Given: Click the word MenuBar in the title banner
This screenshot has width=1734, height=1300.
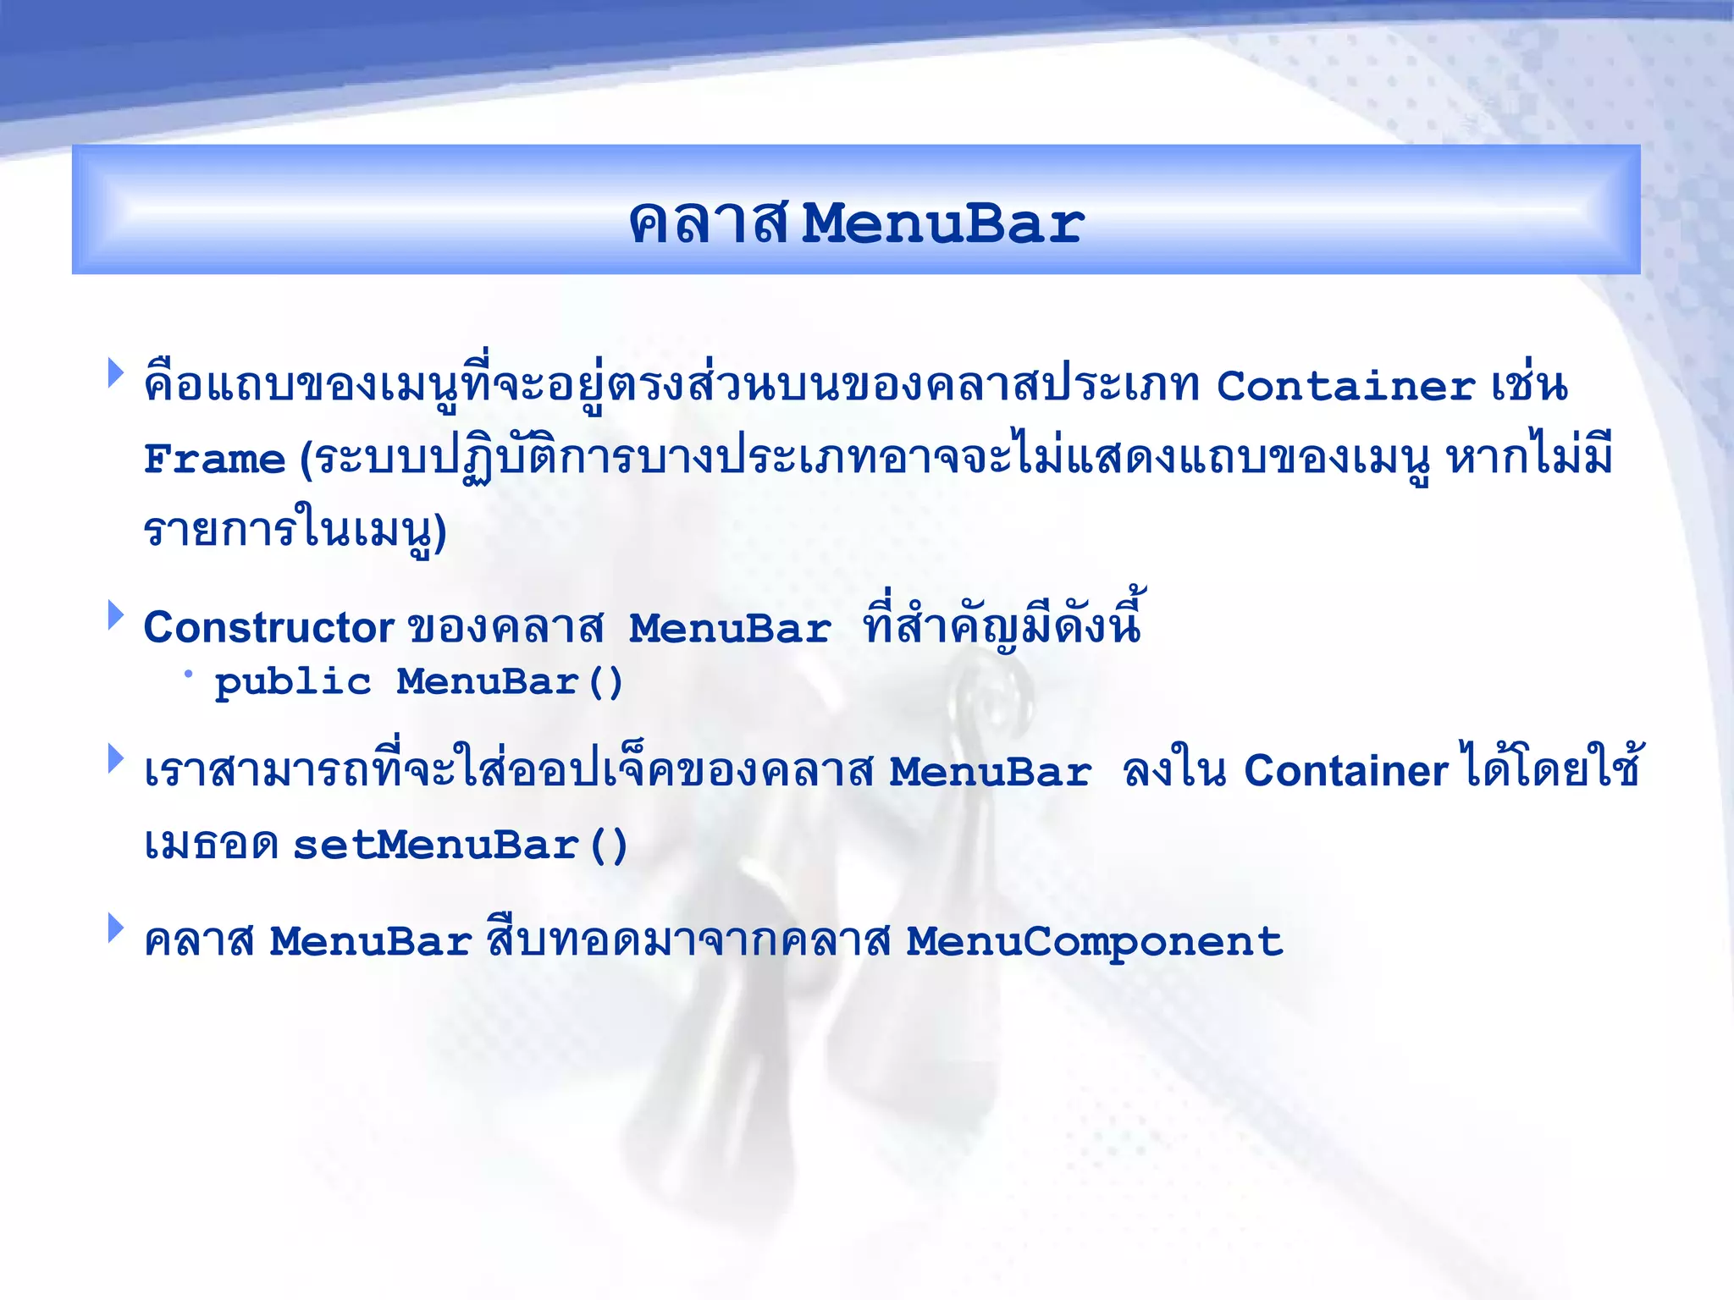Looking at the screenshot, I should [942, 224].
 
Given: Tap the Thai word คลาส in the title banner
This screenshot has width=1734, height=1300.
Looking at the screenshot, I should [708, 224].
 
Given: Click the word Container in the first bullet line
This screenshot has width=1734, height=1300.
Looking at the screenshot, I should [1345, 386].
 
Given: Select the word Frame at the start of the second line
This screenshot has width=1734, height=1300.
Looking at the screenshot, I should [214, 460].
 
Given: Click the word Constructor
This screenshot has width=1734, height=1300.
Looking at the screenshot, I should [268, 628].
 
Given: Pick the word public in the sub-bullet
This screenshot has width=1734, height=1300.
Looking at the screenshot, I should [293, 682].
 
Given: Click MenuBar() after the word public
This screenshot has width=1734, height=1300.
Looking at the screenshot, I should [510, 682].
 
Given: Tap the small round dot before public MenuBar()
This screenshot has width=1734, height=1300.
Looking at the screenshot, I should [188, 674].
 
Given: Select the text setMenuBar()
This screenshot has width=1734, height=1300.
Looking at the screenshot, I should [460, 846].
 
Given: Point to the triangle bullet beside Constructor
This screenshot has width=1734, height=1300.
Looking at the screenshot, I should [115, 615].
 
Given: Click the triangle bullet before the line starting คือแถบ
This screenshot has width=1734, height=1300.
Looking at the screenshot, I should [115, 372].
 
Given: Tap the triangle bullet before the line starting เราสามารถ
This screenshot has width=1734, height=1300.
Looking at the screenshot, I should [115, 758].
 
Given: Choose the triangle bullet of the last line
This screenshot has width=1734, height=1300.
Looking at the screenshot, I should [115, 928].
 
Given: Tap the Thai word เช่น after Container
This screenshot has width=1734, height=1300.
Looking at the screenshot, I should [1529, 386].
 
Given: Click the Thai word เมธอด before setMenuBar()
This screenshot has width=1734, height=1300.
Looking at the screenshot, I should [211, 846].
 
